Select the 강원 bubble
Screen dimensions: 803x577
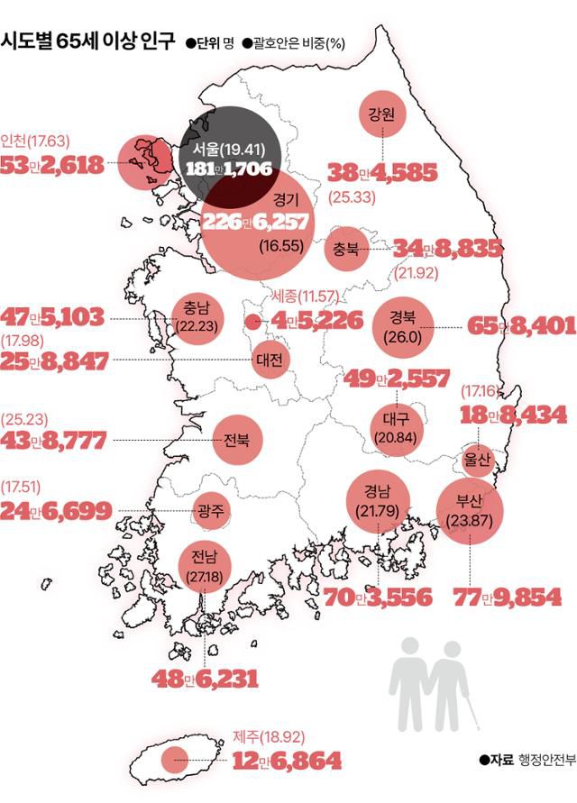coord(384,116)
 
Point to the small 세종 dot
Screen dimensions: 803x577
coord(252,321)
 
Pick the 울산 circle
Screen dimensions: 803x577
coord(478,460)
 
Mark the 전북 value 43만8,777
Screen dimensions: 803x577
coord(56,441)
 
